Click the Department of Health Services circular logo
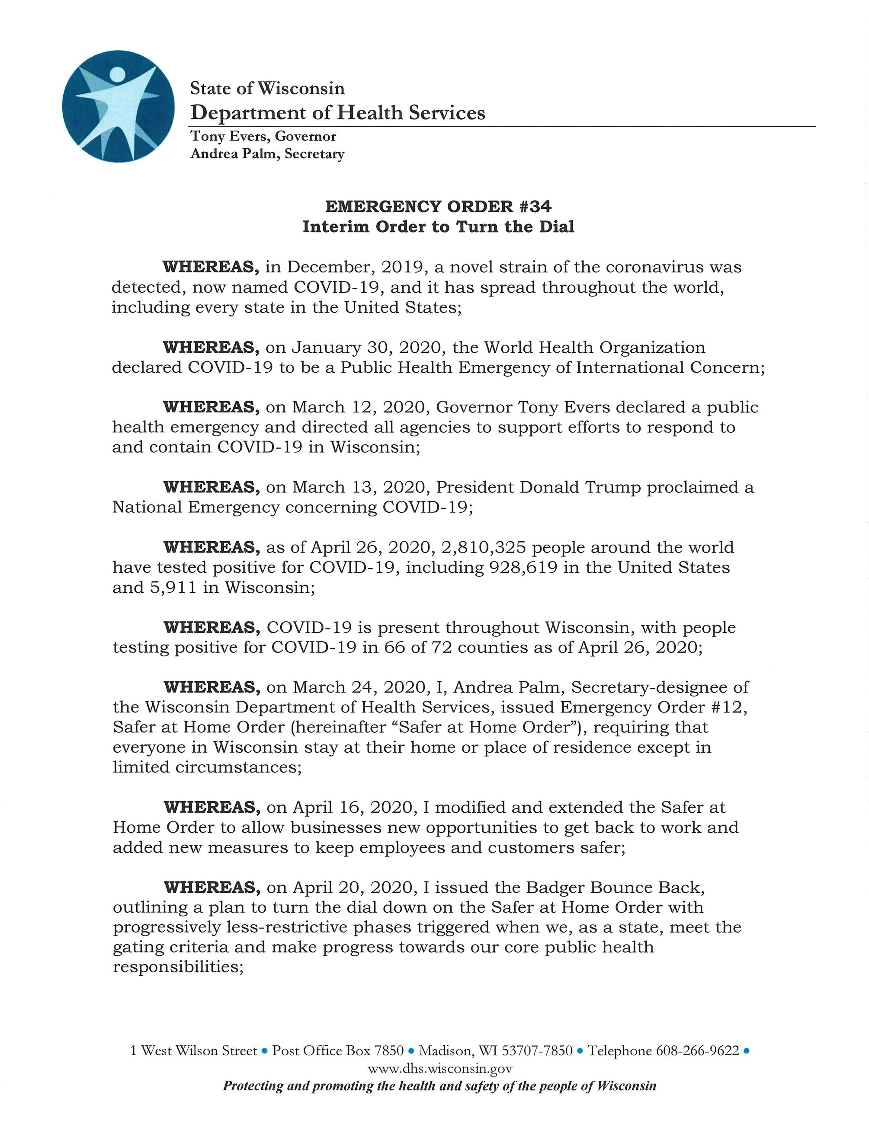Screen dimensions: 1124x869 pyautogui.click(x=118, y=106)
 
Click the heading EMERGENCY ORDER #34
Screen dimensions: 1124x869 pyautogui.click(x=438, y=207)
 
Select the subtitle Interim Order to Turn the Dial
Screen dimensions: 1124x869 pyautogui.click(x=438, y=227)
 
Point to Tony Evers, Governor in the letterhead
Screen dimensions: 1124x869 pyautogui.click(x=263, y=136)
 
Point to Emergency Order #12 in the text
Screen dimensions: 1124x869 pyautogui.click(x=653, y=707)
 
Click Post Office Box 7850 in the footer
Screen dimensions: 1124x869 pyautogui.click(x=338, y=1051)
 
